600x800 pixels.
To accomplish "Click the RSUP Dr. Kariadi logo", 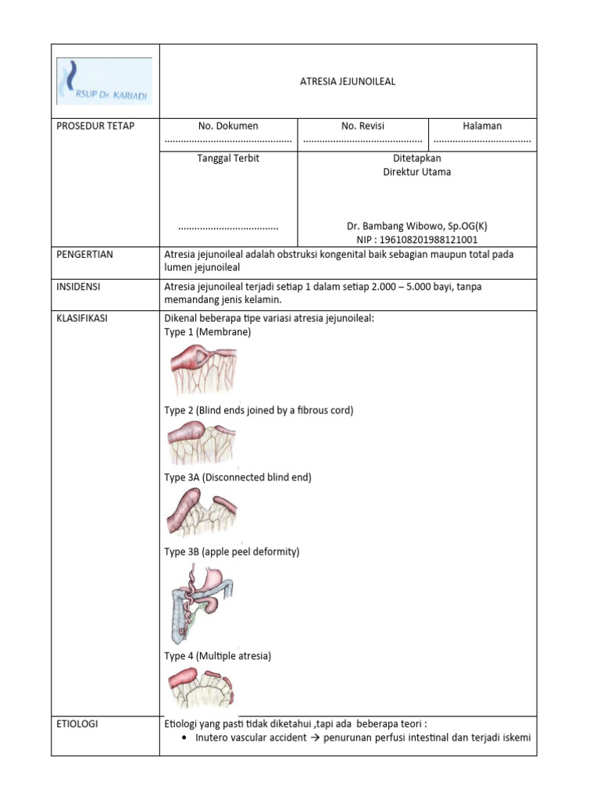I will (x=104, y=81).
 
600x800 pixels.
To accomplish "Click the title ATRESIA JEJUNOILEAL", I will (x=348, y=81).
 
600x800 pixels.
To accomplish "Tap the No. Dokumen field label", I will (x=228, y=126).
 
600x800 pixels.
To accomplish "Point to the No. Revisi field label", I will (x=362, y=126).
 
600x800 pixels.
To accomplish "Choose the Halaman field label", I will (x=482, y=126).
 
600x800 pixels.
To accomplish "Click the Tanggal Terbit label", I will (x=228, y=158).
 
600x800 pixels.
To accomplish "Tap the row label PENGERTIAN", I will (x=85, y=255).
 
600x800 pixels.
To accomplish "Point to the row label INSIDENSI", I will (x=80, y=287).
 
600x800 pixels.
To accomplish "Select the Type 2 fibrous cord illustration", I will (x=202, y=444).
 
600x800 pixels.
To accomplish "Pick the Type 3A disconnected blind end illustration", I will (x=202, y=513).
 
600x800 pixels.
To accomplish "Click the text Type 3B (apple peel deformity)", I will (x=232, y=552).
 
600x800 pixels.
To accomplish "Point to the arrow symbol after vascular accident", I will (x=317, y=737).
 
